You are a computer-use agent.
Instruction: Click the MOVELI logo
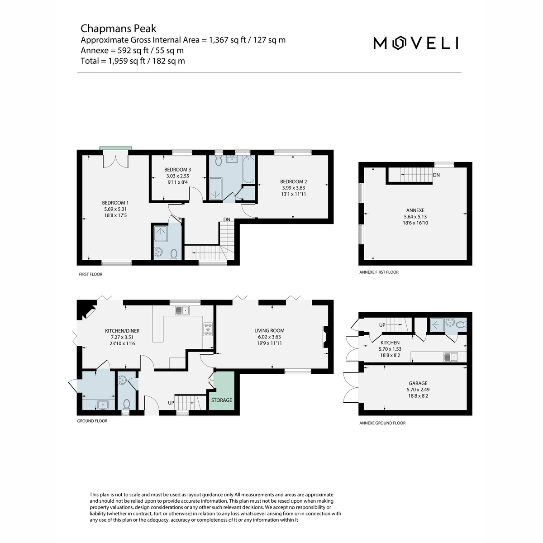click(x=415, y=43)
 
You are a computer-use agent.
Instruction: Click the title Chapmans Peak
click(x=119, y=29)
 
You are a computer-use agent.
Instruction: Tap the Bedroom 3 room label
click(x=177, y=170)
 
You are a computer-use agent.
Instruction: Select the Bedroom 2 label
click(x=293, y=181)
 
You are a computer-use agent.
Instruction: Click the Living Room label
click(x=269, y=330)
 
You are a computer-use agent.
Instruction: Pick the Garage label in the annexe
click(x=418, y=383)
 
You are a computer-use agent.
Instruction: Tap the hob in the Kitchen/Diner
click(x=208, y=329)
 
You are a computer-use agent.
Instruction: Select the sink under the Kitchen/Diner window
click(x=182, y=310)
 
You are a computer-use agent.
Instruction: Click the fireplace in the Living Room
click(x=326, y=337)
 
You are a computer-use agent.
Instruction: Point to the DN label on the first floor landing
click(x=227, y=219)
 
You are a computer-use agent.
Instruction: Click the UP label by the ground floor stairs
click(x=171, y=403)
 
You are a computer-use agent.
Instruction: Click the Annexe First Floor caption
click(x=379, y=272)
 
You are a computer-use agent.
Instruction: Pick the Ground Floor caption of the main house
click(x=92, y=421)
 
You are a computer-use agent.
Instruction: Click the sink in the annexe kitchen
click(x=451, y=357)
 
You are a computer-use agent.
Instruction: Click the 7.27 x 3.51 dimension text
click(x=122, y=337)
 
